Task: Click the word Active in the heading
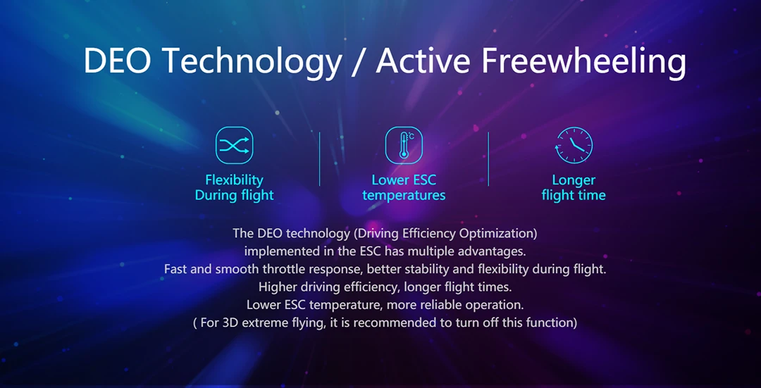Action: click(423, 61)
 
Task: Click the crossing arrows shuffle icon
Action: click(235, 146)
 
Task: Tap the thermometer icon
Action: click(404, 146)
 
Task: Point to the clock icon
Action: click(574, 146)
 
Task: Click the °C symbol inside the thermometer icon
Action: click(411, 137)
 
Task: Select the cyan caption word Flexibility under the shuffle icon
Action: click(235, 180)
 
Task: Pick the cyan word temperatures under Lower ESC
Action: click(404, 196)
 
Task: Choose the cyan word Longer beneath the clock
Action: click(574, 180)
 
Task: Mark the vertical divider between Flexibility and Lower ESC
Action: click(320, 159)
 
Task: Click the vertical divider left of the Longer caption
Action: click(488, 159)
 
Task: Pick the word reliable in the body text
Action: click(443, 305)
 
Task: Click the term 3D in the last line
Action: click(230, 323)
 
